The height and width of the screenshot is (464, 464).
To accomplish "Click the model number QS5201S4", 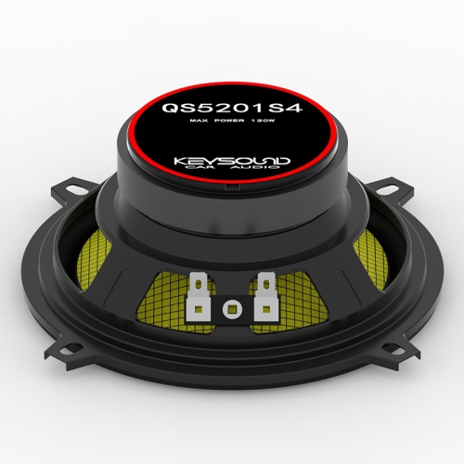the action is click(232, 108).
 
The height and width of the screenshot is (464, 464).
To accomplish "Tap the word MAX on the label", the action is click(198, 121).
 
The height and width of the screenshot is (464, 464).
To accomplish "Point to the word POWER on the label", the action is click(228, 121).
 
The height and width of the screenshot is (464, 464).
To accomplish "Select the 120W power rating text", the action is click(263, 121).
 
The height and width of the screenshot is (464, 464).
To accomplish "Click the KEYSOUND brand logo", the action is click(232, 161).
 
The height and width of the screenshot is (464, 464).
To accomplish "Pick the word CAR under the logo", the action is click(203, 167).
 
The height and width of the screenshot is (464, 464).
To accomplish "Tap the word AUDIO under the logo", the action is click(253, 167).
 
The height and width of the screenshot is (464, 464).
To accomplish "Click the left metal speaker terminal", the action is click(199, 296).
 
